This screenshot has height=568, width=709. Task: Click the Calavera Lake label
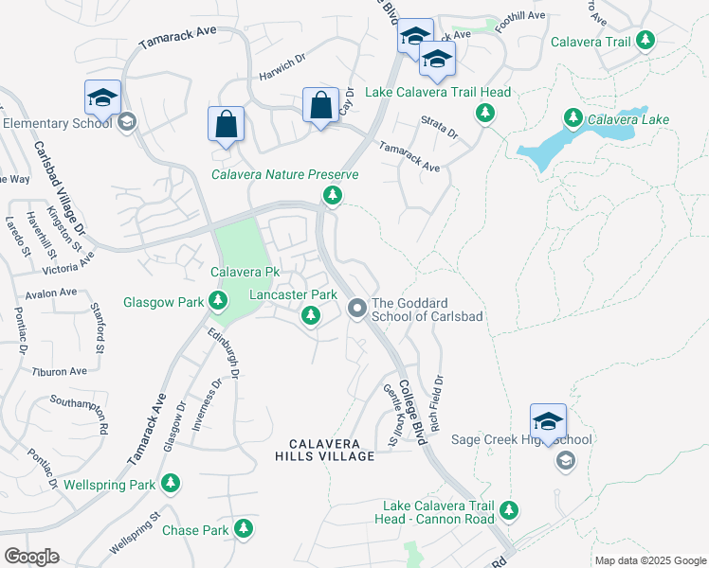(628, 119)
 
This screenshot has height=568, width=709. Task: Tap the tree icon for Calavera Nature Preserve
(332, 196)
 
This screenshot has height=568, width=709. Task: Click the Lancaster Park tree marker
(310, 315)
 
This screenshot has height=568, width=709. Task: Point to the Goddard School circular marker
(357, 308)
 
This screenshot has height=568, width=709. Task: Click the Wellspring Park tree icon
(171, 485)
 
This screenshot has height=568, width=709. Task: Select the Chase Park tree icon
(245, 528)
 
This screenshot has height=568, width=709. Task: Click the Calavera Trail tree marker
(645, 41)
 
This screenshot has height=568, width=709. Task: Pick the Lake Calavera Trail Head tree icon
(484, 114)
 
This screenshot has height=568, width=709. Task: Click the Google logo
(30, 557)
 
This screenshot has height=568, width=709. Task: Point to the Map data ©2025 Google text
(650, 560)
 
